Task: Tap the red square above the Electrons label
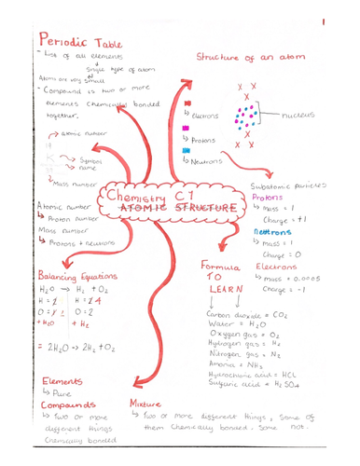(x=189, y=103)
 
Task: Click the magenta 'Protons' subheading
(x=271, y=197)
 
